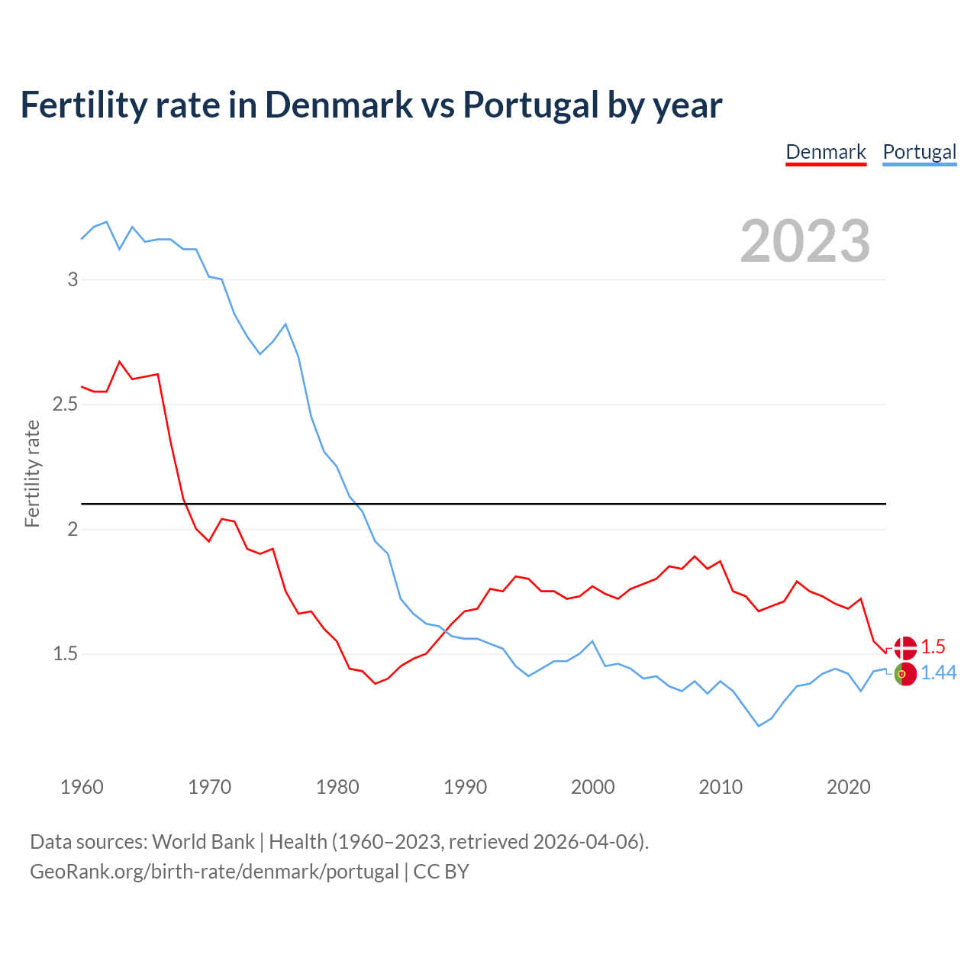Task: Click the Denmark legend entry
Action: (826, 152)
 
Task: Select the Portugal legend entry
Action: (919, 152)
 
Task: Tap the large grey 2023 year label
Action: (805, 241)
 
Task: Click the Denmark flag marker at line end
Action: (905, 647)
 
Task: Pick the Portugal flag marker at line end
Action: (905, 675)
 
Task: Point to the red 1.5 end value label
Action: (933, 646)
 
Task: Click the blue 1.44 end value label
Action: (938, 672)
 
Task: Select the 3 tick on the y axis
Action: (73, 279)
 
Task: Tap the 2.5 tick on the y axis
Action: (66, 404)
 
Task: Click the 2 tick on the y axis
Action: (73, 529)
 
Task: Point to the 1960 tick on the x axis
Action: (82, 787)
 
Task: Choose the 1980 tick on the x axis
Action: (337, 787)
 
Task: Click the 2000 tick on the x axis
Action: (592, 787)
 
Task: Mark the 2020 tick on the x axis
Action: (848, 787)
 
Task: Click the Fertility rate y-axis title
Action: (32, 473)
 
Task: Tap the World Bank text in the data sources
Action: (203, 842)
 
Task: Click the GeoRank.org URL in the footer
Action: (214, 872)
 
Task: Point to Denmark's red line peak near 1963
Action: (120, 362)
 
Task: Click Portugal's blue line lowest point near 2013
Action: (759, 726)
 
